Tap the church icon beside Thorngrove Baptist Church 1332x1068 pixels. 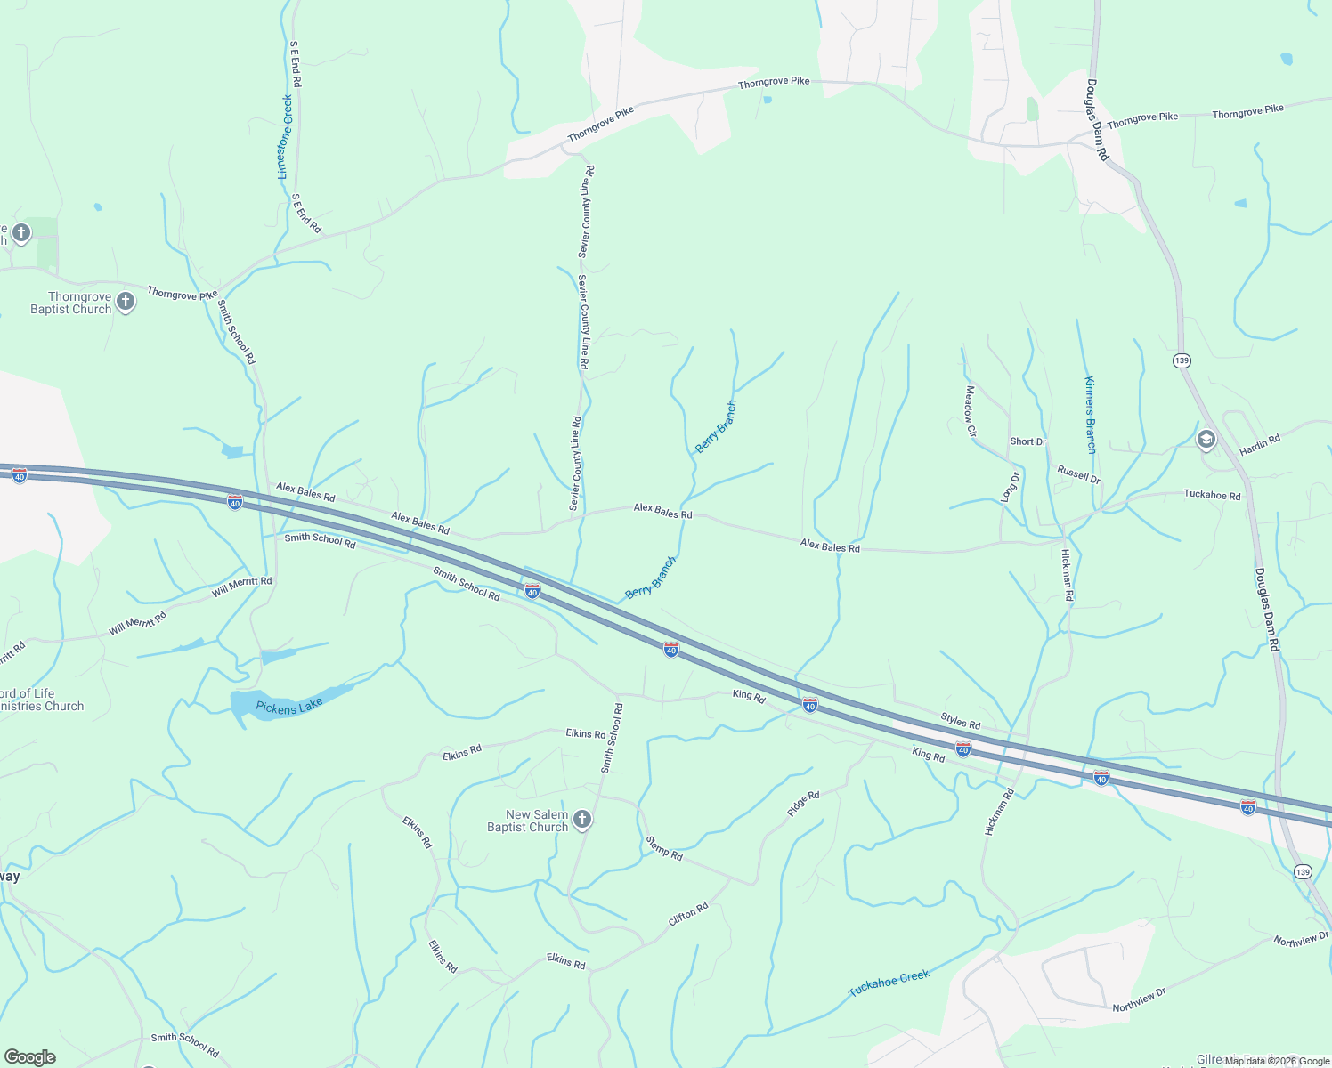click(126, 302)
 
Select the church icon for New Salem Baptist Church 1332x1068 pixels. click(582, 820)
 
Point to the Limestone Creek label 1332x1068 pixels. click(286, 137)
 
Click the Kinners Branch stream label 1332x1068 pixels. click(1091, 415)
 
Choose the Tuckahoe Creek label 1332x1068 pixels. click(889, 983)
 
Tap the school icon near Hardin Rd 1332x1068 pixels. click(1206, 439)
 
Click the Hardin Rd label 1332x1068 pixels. click(1260, 444)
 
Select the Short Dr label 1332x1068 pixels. click(1027, 441)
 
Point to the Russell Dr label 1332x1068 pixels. click(1078, 473)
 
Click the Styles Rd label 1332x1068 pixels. click(961, 721)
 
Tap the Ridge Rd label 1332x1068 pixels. click(803, 804)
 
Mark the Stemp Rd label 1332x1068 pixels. click(664, 847)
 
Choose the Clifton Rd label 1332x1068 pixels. click(688, 913)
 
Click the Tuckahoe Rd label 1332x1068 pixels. click(1212, 495)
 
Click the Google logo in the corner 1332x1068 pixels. click(29, 1056)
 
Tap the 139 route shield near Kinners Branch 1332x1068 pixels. click(1182, 360)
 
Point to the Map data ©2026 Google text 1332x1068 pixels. click(1276, 1060)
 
